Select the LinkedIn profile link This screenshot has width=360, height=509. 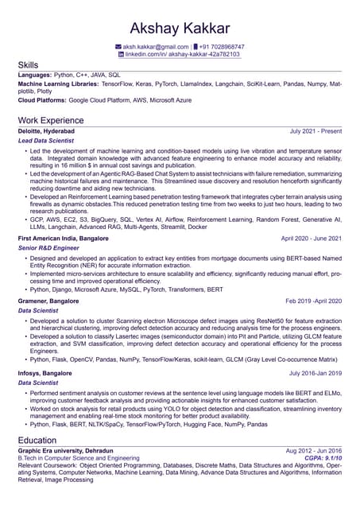point(183,54)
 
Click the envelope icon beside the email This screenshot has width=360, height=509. point(118,47)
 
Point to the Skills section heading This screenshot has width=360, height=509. point(30,64)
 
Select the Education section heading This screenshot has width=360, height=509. point(37,439)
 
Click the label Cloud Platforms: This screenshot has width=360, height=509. point(41,102)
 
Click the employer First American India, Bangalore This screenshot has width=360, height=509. point(64,238)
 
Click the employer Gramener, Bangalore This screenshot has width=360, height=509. point(48,301)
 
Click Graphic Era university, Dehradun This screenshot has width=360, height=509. point(65,450)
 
